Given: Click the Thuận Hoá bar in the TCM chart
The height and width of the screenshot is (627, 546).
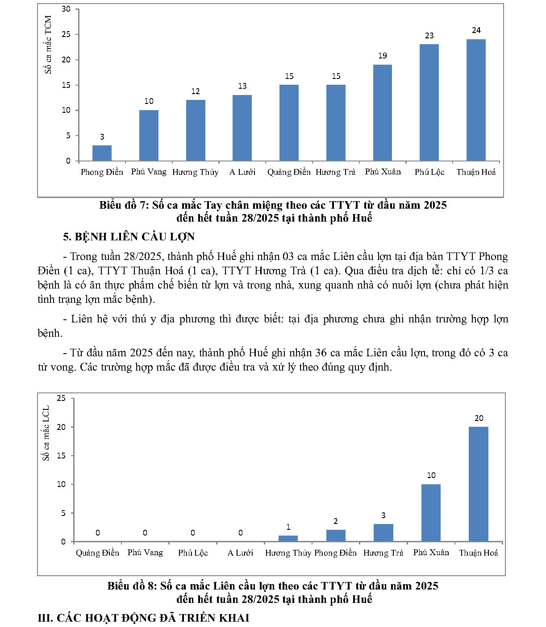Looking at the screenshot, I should pyautogui.click(x=476, y=100).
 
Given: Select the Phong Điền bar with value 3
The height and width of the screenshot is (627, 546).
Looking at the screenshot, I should pyautogui.click(x=102, y=153).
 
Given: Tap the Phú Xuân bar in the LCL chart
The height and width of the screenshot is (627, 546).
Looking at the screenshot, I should pyautogui.click(x=431, y=513).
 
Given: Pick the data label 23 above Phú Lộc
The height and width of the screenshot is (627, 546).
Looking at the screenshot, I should pyautogui.click(x=429, y=36).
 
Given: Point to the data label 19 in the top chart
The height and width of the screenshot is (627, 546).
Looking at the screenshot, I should pyautogui.click(x=383, y=56).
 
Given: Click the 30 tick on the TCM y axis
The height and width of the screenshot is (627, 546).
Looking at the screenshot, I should pyautogui.click(x=66, y=9).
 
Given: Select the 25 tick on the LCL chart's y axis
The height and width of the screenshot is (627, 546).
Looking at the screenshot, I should pyautogui.click(x=61, y=398).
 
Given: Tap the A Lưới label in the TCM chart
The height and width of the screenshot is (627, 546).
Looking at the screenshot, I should pyautogui.click(x=242, y=172).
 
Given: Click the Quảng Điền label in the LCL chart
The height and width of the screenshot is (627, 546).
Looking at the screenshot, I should pyautogui.click(x=97, y=553).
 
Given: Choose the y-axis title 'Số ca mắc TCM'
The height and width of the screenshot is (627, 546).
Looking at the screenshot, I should pyautogui.click(x=48, y=45).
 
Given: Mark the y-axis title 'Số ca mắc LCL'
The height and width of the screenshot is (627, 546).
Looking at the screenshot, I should pyautogui.click(x=46, y=433).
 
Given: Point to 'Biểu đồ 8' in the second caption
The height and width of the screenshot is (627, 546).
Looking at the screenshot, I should pyautogui.click(x=132, y=586).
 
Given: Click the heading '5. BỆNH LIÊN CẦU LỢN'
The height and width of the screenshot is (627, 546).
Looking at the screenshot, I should pyautogui.click(x=129, y=237).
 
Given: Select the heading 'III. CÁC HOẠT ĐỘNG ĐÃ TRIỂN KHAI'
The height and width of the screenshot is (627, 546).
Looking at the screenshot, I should pyautogui.click(x=143, y=618).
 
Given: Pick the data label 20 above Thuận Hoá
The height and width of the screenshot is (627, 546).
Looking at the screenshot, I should pyautogui.click(x=479, y=418).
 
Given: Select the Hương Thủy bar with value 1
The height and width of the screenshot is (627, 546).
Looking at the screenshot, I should pyautogui.click(x=288, y=538).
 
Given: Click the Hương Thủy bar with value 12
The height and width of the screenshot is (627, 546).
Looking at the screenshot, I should pyautogui.click(x=196, y=130).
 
